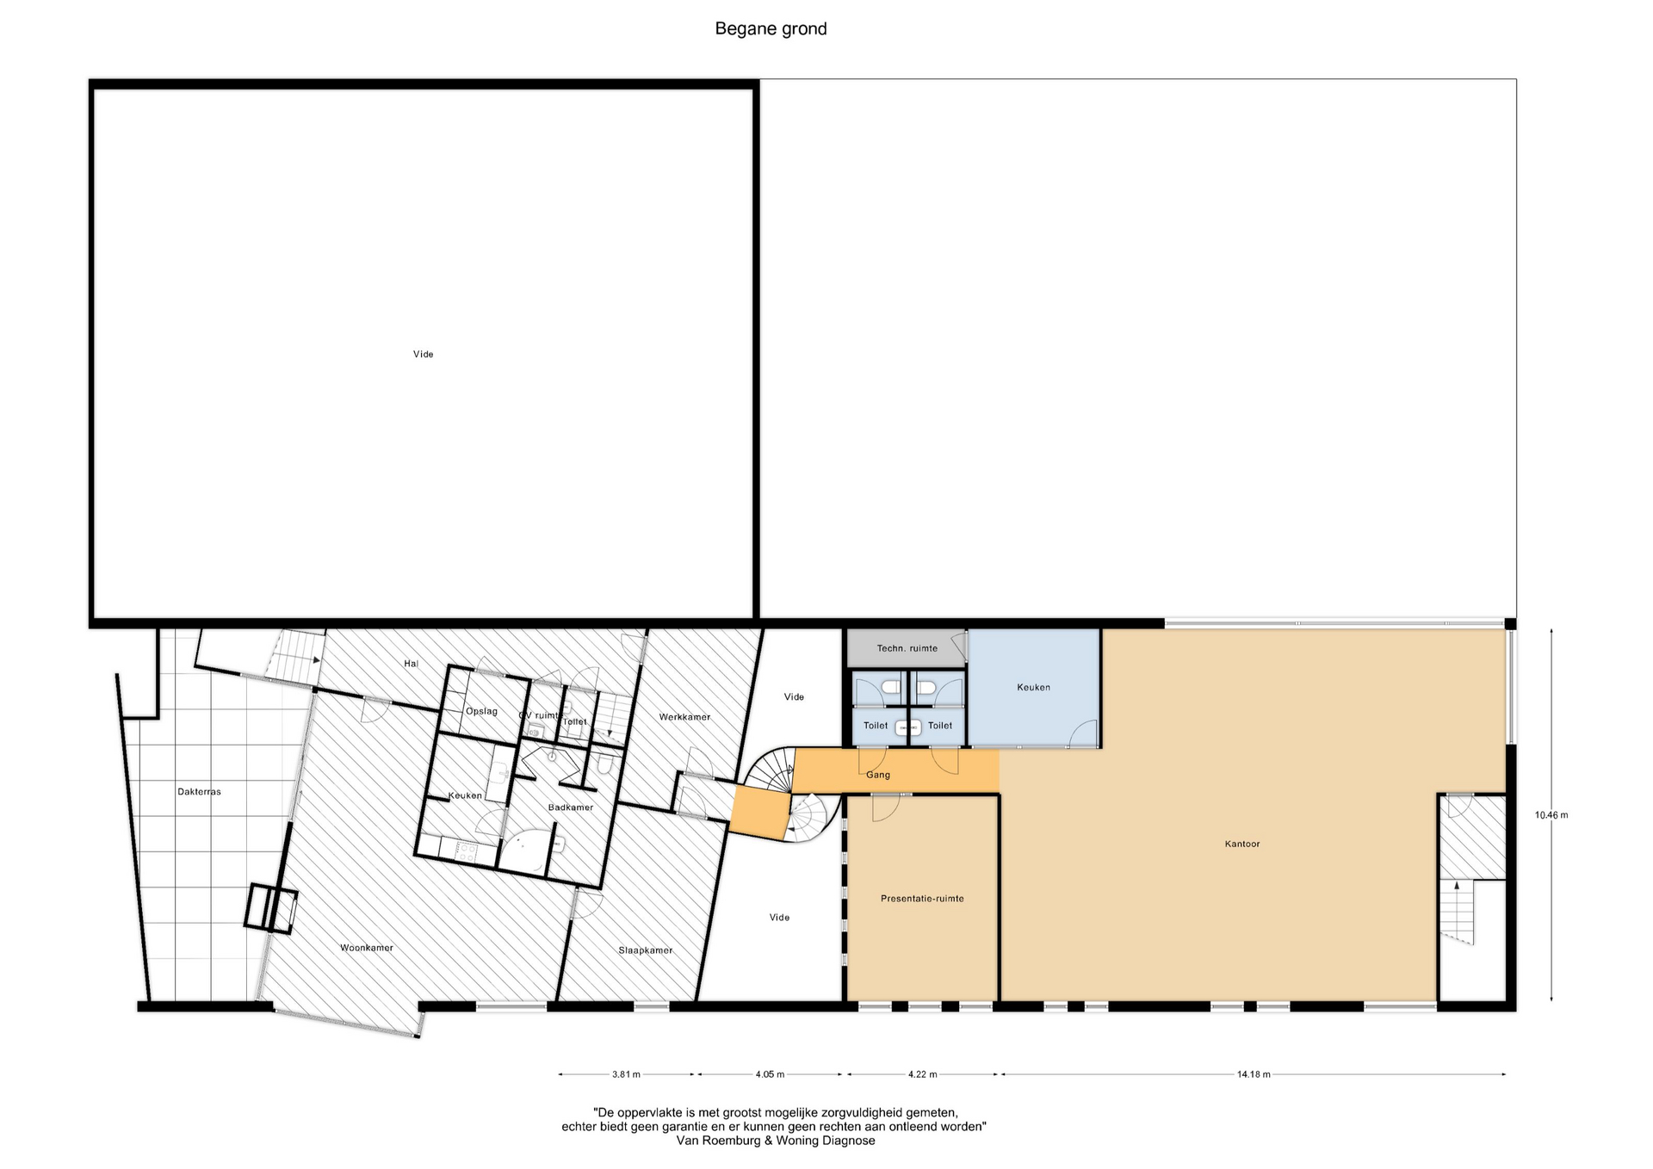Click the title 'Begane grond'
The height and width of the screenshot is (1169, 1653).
pos(771,29)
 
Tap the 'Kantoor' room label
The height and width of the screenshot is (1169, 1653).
pos(1241,844)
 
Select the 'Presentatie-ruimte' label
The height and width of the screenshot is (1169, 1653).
pos(922,899)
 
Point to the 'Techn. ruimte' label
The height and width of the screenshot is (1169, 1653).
pos(907,648)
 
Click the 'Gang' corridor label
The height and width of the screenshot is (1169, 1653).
pos(878,775)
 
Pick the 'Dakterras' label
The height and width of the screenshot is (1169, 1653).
pos(200,792)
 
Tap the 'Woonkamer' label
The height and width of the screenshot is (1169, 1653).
pos(367,949)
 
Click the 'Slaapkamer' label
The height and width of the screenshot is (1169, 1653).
pos(646,950)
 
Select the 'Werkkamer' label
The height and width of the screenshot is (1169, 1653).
pos(684,717)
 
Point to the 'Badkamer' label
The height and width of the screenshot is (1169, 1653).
pos(571,807)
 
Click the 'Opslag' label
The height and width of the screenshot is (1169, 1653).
pos(481,711)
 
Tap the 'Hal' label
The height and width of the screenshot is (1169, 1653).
pos(411,664)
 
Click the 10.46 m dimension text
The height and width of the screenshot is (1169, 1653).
pos(1551,815)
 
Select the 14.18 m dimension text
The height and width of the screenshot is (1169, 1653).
pos(1254,1074)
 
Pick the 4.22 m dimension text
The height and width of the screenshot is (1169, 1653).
pos(922,1074)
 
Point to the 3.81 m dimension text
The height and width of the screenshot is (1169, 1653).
pos(626,1074)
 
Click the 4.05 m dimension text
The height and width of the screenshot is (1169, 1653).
pos(770,1074)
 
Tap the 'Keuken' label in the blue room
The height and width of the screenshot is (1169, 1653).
pos(1033,688)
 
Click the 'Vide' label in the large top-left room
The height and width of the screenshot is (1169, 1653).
pos(423,355)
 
